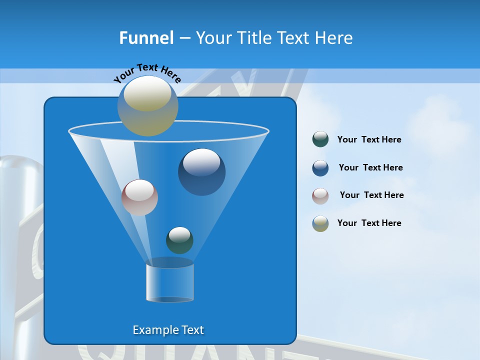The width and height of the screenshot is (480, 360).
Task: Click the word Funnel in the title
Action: point(146,38)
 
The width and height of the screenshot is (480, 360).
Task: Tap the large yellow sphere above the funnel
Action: point(147,105)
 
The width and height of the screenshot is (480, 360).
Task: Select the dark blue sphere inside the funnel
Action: point(201,172)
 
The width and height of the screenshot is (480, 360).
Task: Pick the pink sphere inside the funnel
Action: point(139,198)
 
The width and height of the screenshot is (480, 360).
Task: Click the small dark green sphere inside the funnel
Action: point(179,240)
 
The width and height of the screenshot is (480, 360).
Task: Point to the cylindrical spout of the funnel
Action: point(170,282)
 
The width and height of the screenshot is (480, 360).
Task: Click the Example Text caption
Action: point(168,330)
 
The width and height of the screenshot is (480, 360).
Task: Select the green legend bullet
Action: point(320,139)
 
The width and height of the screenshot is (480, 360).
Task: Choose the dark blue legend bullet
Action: point(320,168)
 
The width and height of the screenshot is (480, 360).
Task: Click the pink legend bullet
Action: point(320,196)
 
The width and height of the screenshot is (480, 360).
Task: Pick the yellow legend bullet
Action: point(320,223)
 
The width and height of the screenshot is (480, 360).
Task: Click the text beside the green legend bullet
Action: point(369,140)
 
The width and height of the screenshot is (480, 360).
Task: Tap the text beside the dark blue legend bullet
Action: point(370,167)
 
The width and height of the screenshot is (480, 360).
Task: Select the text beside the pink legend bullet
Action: point(371,195)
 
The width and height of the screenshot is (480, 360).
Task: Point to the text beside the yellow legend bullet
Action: point(369,223)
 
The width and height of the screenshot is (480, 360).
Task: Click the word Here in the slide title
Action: point(334,38)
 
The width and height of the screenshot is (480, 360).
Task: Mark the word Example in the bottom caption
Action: point(154,330)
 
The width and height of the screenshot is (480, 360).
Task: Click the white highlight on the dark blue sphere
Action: point(201,161)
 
